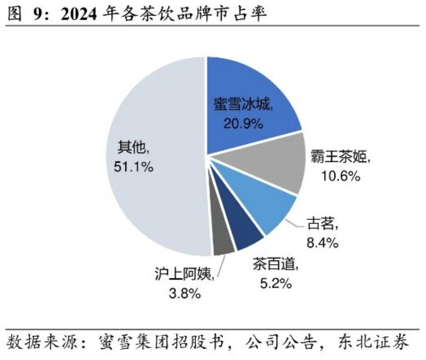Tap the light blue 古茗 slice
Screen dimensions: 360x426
click(262, 206)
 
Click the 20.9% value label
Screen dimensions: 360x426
click(243, 123)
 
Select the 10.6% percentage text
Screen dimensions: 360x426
click(340, 176)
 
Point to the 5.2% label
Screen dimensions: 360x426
click(275, 284)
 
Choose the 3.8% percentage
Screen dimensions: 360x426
click(184, 294)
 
